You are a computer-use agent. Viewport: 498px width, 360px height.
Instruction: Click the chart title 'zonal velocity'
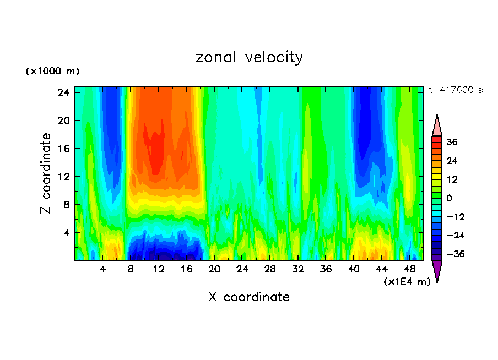(249, 57)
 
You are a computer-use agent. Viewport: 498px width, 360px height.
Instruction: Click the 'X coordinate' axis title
(249, 297)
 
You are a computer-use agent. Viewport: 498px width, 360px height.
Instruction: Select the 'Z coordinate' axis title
(46, 173)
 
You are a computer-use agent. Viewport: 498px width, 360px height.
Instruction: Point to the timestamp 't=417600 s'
(455, 90)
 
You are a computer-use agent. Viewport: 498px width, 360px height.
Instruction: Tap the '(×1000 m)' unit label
(52, 72)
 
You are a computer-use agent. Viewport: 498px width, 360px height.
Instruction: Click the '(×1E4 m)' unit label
(407, 282)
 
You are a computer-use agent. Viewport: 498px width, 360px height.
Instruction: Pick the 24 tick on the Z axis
(62, 92)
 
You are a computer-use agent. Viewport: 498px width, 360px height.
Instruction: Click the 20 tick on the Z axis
(62, 121)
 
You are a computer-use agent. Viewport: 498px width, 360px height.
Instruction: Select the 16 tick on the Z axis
(62, 149)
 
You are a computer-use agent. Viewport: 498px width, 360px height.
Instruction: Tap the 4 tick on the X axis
(103, 269)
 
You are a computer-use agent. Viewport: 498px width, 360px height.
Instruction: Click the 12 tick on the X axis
(159, 269)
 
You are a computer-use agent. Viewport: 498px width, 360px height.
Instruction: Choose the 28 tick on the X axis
(270, 269)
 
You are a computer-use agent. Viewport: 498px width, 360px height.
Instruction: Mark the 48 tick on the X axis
(409, 269)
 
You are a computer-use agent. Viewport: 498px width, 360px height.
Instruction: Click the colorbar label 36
(452, 142)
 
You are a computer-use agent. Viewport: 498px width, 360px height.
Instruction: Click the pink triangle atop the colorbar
(437, 126)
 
